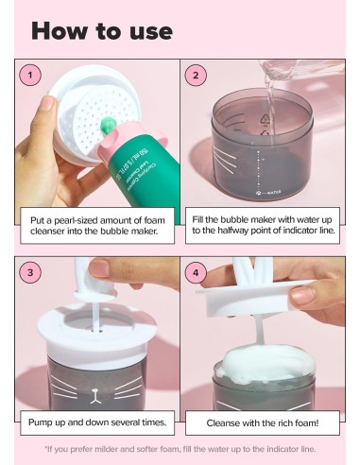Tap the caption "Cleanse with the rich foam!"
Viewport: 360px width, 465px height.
coord(262,422)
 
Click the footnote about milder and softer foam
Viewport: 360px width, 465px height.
coord(180,448)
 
